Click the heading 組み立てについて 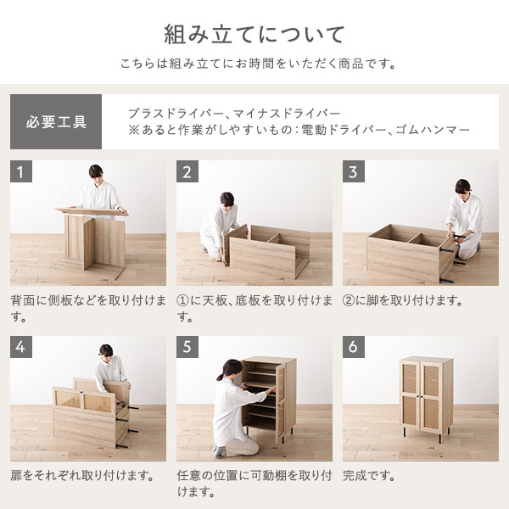255,35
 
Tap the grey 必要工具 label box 56,121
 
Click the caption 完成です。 370,476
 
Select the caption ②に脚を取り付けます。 402,300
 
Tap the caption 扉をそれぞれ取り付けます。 81,476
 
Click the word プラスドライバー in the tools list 175,113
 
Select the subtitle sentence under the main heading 255,64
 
